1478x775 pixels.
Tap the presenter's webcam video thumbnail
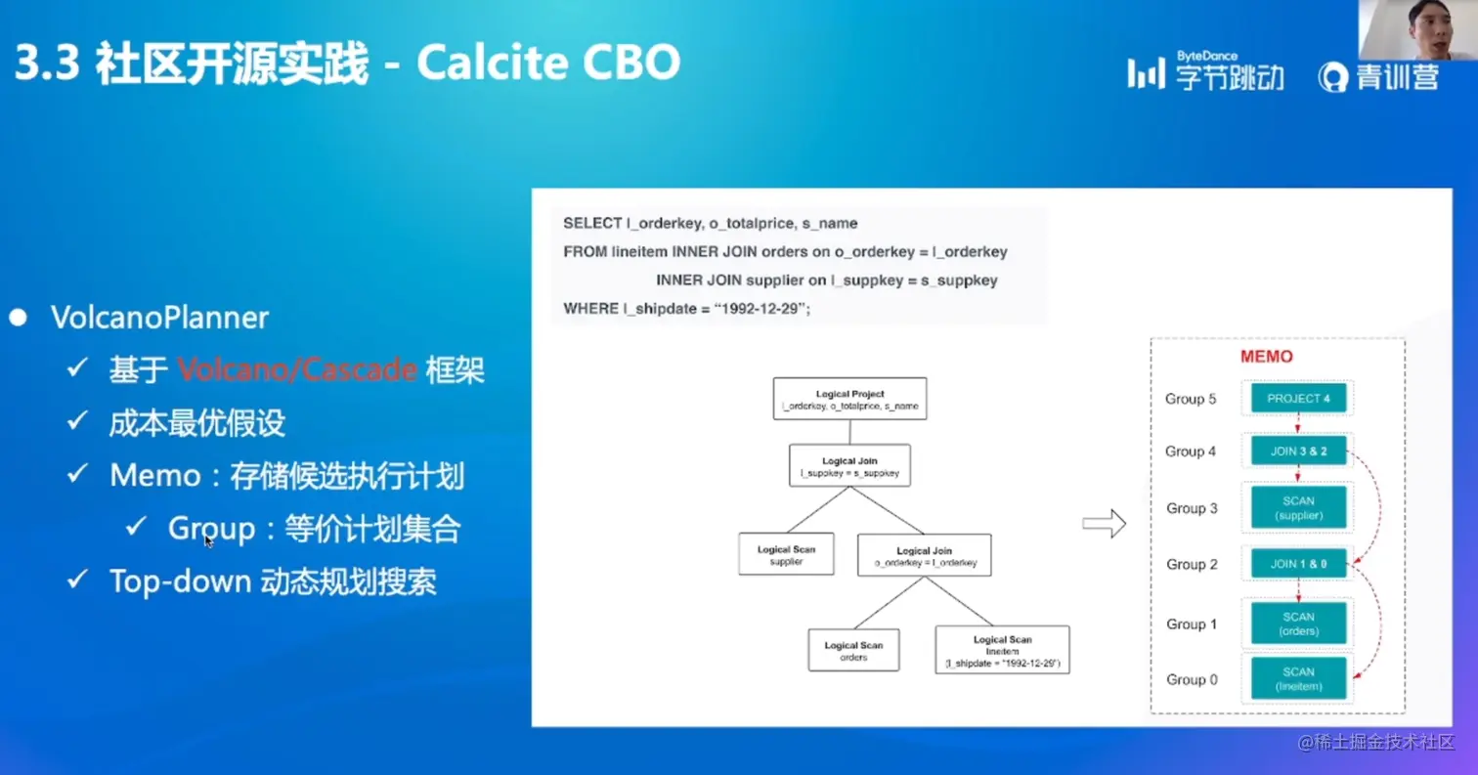tap(1417, 29)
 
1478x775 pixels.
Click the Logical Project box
tap(849, 399)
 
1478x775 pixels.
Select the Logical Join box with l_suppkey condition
tap(849, 466)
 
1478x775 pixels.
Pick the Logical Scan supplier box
tap(786, 554)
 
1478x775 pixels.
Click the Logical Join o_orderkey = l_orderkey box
tap(924, 555)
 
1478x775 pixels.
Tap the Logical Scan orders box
tap(853, 650)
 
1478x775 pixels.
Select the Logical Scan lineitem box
tap(1002, 651)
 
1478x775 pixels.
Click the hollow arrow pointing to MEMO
tap(1104, 525)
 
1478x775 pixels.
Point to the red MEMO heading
tap(1266, 357)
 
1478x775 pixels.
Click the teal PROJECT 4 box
tap(1298, 399)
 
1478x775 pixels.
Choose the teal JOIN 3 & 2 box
tap(1298, 451)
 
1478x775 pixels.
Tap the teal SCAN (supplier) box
tap(1298, 508)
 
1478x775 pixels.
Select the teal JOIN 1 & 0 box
tap(1298, 563)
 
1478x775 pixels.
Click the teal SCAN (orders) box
tap(1298, 624)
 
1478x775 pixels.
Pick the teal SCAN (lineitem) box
tap(1298, 679)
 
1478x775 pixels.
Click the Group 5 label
tap(1191, 399)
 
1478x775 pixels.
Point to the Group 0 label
tap(1191, 679)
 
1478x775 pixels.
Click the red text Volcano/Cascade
tap(297, 370)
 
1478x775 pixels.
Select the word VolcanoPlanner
tap(159, 318)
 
